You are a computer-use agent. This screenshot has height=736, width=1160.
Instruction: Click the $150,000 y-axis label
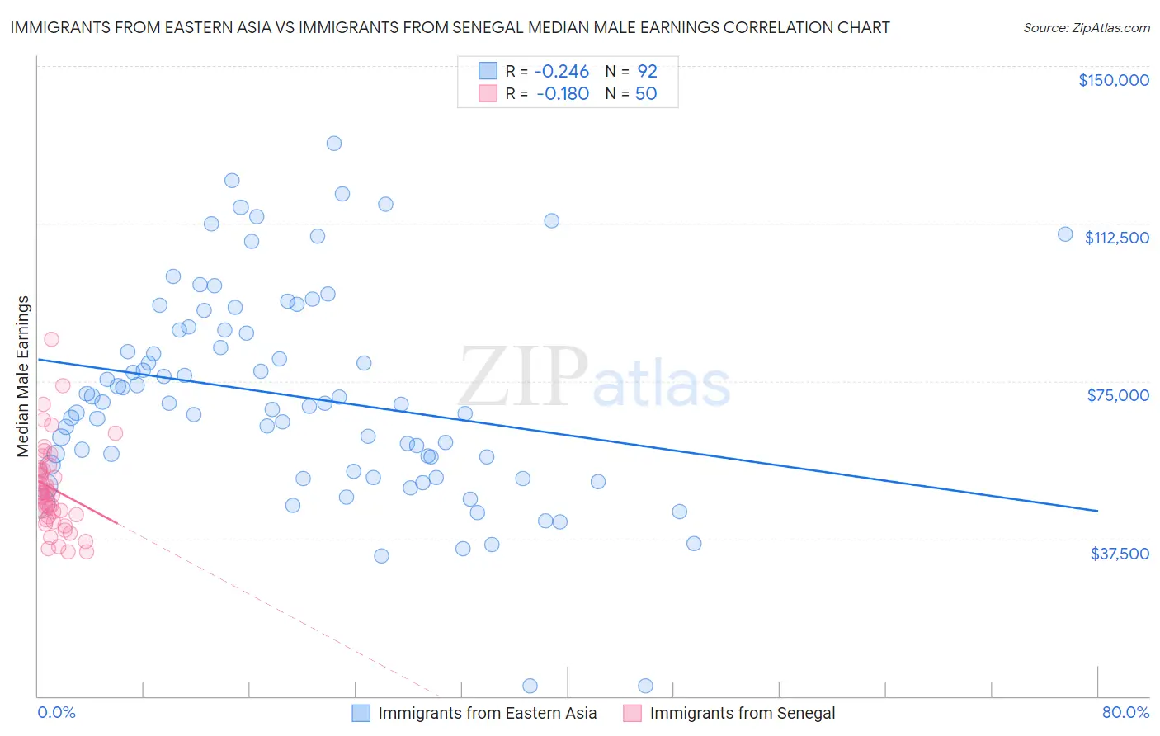[x=1113, y=80]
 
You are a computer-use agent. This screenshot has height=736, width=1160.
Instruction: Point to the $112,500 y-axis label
[x=1116, y=238]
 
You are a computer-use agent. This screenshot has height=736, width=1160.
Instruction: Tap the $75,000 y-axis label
[x=1117, y=395]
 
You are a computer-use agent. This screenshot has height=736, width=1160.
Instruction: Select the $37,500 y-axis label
[x=1119, y=554]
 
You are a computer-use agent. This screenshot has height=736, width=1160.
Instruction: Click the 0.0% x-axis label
[x=56, y=712]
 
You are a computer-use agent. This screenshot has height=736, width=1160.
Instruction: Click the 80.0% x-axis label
[x=1125, y=712]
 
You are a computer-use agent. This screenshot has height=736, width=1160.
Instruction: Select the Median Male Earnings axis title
[x=23, y=375]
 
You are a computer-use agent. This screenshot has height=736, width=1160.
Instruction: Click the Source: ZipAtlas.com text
[x=1086, y=28]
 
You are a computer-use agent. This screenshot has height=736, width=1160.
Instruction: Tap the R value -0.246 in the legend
[x=562, y=71]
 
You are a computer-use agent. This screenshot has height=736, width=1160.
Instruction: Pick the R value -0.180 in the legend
[x=562, y=93]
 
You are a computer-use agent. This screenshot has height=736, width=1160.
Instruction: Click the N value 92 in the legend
[x=647, y=71]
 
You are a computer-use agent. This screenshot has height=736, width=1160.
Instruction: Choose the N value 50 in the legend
[x=646, y=93]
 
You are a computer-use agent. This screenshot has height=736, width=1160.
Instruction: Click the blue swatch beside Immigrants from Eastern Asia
[x=361, y=713]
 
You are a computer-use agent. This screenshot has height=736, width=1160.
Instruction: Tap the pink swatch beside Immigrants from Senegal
[x=633, y=713]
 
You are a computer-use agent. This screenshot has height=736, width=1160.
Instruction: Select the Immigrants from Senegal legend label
[x=742, y=713]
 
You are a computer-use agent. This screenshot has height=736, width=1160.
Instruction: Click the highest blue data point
[x=334, y=143]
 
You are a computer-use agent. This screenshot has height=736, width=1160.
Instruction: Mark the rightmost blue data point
[x=1065, y=234]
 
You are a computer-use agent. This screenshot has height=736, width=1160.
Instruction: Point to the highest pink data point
[x=51, y=339]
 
